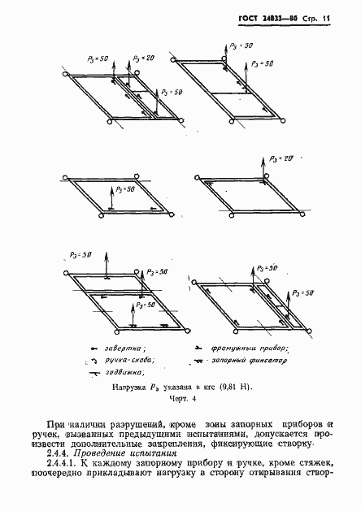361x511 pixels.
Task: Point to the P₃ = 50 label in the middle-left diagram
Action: click(126, 189)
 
